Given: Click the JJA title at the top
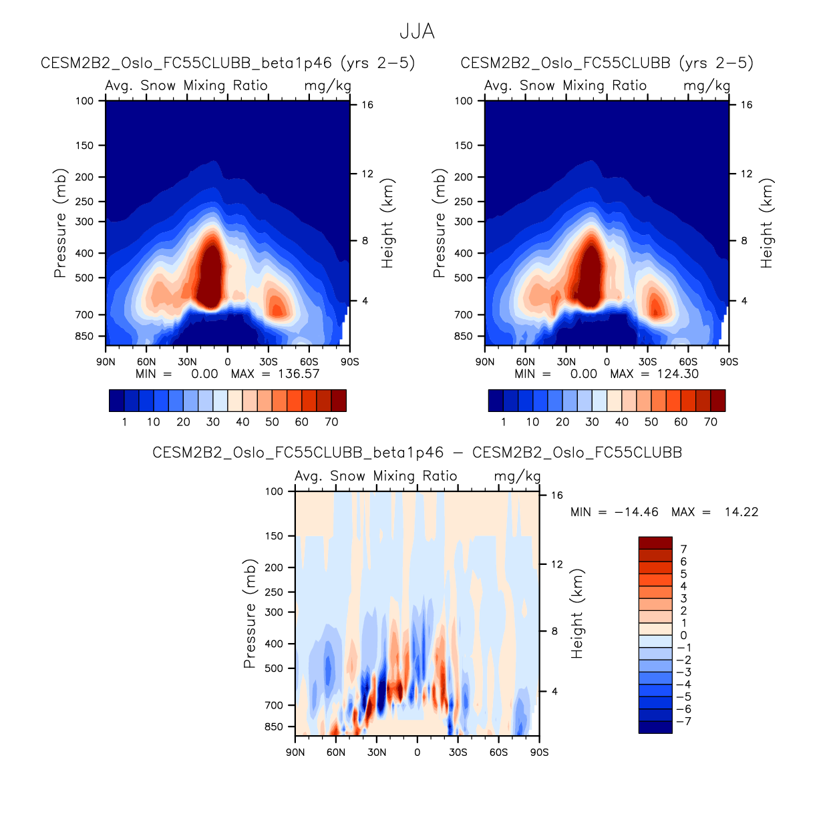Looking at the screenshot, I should tap(417, 31).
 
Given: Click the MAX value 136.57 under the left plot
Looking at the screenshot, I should tap(299, 374).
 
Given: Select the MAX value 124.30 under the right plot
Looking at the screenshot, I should tap(677, 374).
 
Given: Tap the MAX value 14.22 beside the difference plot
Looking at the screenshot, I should tap(741, 512).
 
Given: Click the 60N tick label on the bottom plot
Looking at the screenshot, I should tap(336, 753).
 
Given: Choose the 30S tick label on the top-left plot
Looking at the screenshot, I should tap(269, 362).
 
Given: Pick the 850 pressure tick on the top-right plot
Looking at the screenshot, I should tap(463, 337).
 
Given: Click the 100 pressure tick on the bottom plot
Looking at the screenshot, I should tap(274, 491).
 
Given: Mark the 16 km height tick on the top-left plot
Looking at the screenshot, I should tap(367, 105).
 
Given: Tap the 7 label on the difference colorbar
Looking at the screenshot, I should tap(683, 549).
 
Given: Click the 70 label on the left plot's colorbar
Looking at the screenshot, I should tap(331, 422).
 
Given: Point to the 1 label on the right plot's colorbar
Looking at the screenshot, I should tap(504, 422).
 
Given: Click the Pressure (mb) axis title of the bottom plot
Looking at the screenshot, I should tap(249, 614).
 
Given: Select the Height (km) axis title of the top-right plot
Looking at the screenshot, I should tap(766, 223).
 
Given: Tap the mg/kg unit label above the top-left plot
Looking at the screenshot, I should tap(327, 85).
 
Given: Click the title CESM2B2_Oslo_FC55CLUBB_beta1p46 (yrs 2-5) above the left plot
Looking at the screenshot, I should tap(228, 63).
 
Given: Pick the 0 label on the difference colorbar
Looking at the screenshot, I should tap(683, 635).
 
